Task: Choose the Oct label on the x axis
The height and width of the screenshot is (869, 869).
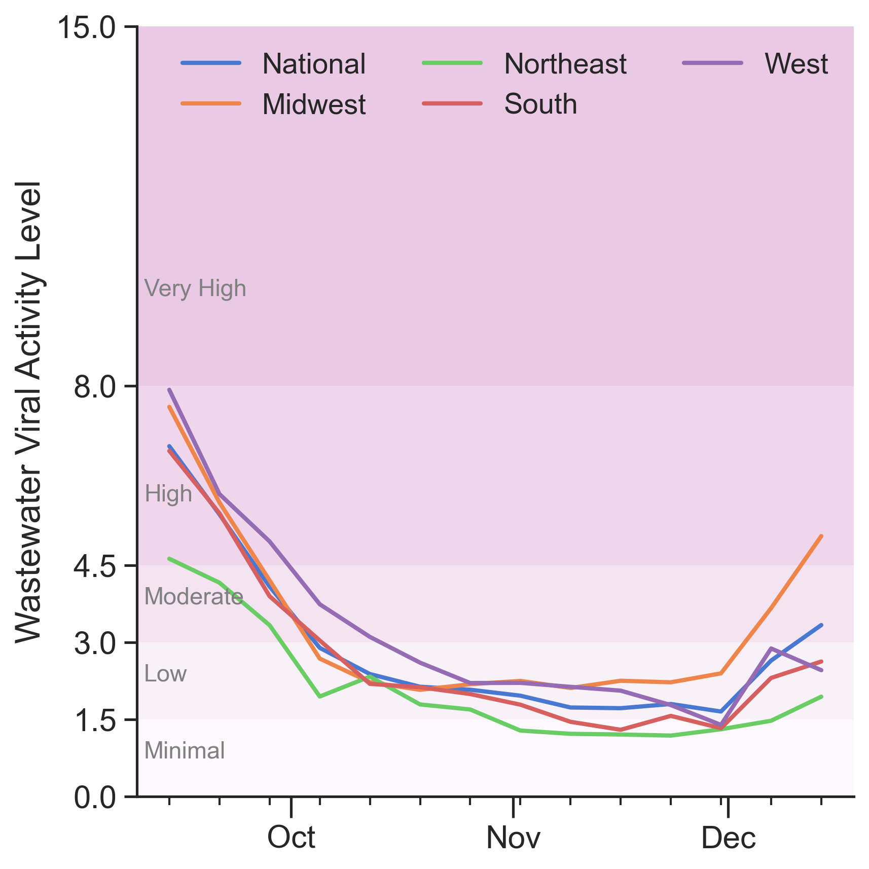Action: point(291,838)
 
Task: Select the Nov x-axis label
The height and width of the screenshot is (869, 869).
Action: point(513,838)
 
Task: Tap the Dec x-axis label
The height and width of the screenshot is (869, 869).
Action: point(728,838)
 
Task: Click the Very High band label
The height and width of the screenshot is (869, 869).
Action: point(195,288)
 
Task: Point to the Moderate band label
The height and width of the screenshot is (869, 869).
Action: point(194,597)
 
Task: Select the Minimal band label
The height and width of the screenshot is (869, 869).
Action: point(185,751)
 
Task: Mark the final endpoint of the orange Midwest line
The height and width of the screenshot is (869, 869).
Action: point(821,536)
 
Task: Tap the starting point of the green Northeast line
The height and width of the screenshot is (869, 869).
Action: point(169,558)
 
